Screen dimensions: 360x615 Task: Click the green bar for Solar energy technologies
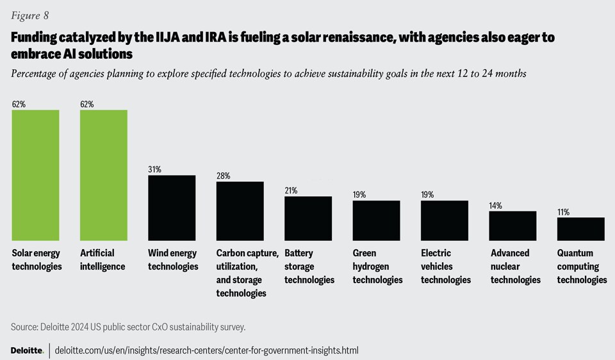point(36,175)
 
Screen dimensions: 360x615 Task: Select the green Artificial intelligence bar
point(104,175)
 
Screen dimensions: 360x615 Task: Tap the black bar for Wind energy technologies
point(172,208)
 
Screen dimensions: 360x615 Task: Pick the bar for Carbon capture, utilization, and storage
point(240,211)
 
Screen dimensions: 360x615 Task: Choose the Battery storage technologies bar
point(308,218)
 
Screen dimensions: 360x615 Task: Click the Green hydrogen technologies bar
point(376,220)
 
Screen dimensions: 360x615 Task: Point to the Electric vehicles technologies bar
point(444,220)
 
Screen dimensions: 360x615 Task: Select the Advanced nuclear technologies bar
point(512,225)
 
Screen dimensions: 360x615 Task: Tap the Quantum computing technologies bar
point(580,229)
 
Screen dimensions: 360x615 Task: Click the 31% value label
point(154,169)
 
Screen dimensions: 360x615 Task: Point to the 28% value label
point(223,176)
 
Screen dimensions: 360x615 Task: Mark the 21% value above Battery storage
point(291,190)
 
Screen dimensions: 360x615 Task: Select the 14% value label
point(495,205)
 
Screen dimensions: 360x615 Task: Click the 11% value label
point(563,212)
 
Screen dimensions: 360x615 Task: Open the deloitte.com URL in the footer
point(206,350)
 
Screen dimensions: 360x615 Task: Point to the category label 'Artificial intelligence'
point(102,259)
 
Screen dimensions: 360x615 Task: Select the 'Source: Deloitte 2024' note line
point(128,327)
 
